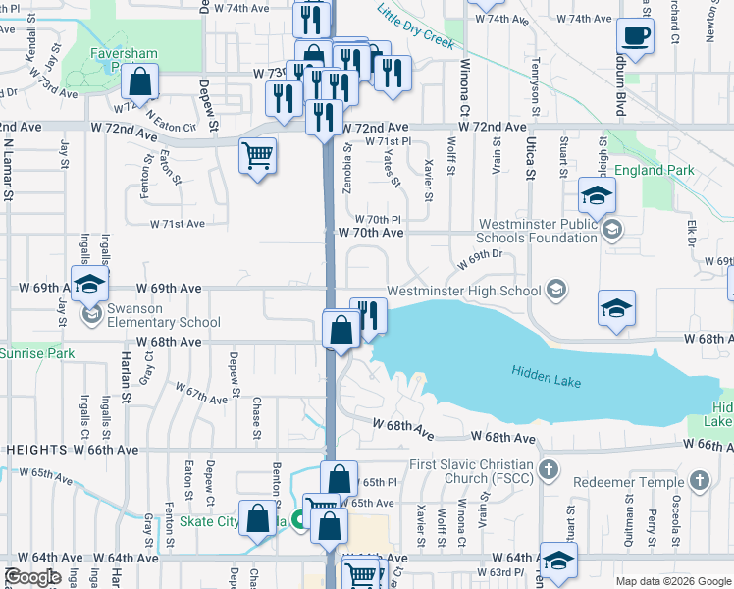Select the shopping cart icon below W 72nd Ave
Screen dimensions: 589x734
[x=258, y=155]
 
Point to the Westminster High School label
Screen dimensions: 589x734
[x=463, y=291]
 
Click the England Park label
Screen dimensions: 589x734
[x=655, y=171]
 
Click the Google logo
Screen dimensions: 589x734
[x=32, y=577]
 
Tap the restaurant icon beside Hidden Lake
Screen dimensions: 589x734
[x=368, y=316]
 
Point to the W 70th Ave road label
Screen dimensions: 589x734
[x=371, y=233]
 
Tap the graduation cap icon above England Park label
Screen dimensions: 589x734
[x=597, y=195]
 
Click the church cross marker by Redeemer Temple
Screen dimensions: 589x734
[x=699, y=481]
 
